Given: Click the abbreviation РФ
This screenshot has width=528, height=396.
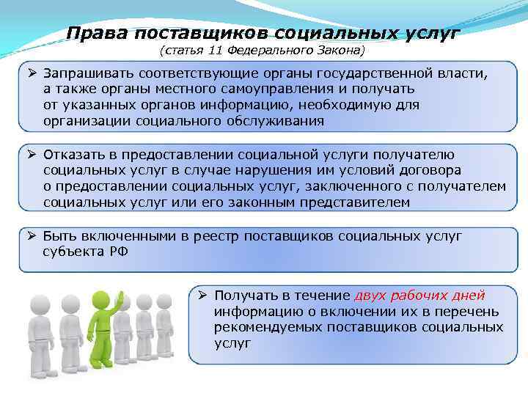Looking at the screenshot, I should (x=117, y=251).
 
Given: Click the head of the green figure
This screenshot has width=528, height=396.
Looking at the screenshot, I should (x=103, y=300).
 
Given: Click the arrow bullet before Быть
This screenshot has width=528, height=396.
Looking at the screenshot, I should (x=32, y=235).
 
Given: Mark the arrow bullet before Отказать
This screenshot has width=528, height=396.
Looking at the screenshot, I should (x=32, y=155).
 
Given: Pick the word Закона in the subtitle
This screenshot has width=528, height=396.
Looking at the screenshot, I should (x=340, y=51).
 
